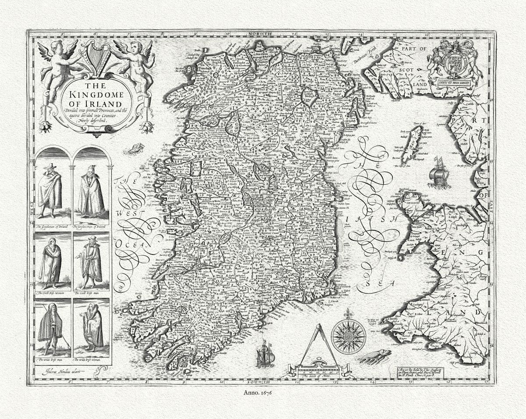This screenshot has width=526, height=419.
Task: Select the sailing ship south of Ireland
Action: [x=266, y=354]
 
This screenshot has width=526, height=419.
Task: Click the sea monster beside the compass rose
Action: [x=374, y=355]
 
